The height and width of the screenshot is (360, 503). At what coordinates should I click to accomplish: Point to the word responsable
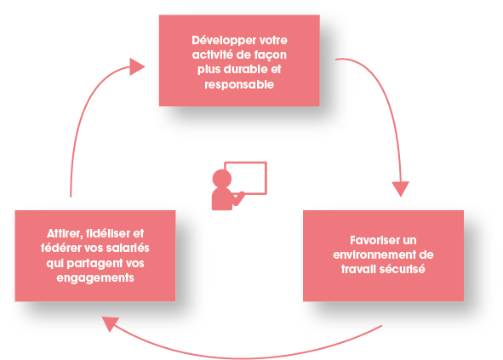(x=239, y=85)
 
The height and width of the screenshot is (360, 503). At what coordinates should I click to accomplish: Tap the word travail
(x=358, y=269)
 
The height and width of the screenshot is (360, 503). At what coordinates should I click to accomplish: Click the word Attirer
(x=66, y=234)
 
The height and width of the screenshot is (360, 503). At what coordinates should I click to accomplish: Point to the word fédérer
(x=61, y=248)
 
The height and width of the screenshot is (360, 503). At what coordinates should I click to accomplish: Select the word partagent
(x=94, y=264)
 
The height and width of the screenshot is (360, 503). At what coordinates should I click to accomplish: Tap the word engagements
(x=95, y=278)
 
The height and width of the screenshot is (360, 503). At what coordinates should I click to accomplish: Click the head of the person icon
(x=221, y=179)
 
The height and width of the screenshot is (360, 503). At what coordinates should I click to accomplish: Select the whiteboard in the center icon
(x=245, y=178)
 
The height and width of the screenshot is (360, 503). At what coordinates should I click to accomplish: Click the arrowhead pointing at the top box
(x=137, y=66)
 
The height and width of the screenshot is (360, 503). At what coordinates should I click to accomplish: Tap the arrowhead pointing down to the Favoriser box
(x=400, y=189)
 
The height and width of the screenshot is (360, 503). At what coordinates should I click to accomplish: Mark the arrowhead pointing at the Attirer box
(x=111, y=323)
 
